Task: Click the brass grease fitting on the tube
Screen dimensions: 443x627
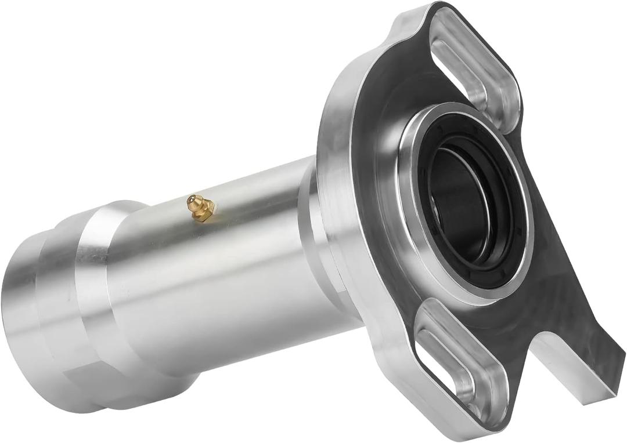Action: coord(201,208)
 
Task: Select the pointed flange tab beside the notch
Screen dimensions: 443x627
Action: coord(604,348)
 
